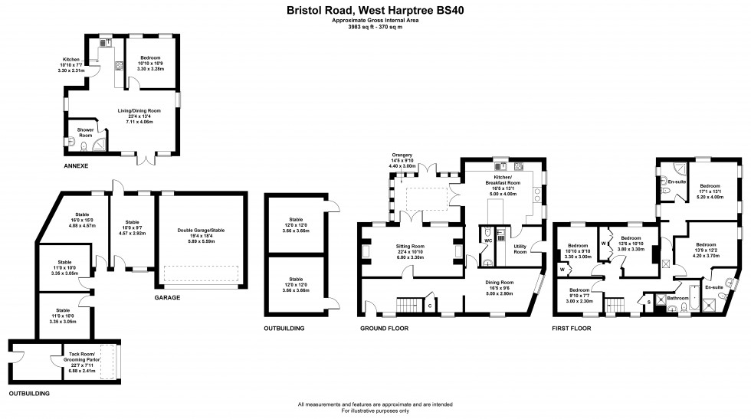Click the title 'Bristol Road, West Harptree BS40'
375,11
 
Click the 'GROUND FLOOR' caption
384,328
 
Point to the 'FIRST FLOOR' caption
572,328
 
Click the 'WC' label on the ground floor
487,241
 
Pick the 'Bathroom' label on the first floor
677,298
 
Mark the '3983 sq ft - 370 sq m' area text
375,27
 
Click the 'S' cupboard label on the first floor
650,303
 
